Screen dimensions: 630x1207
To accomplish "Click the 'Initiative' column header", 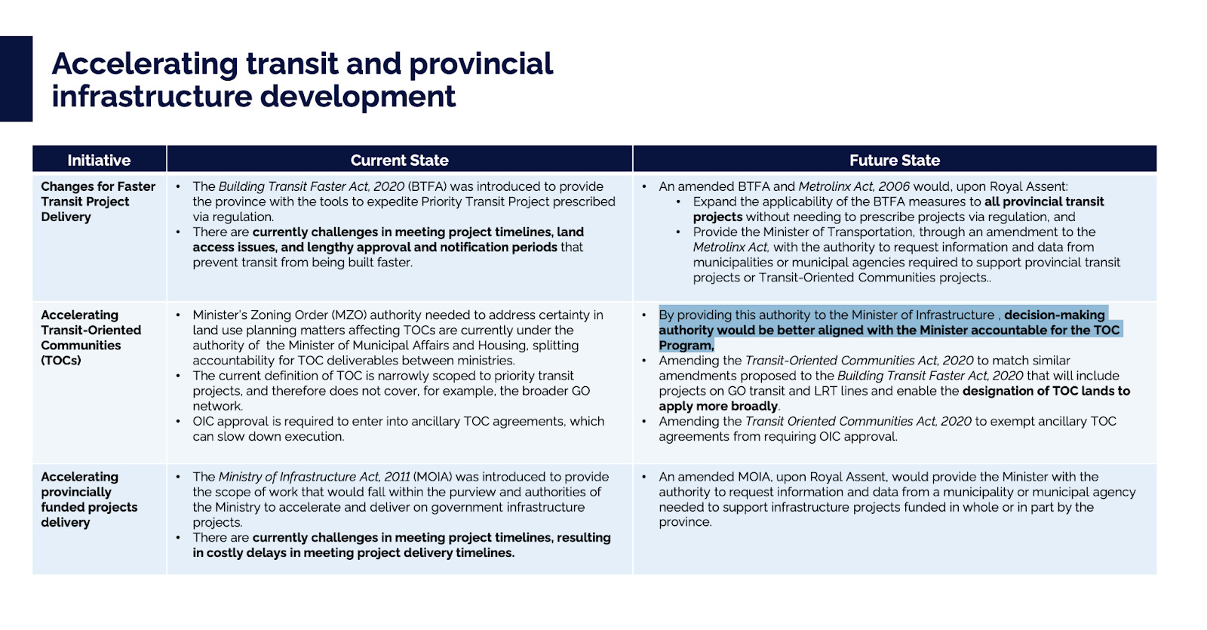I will coord(99,160).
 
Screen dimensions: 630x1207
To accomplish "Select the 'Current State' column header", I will coord(399,160).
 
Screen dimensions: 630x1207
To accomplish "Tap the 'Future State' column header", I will coord(894,160).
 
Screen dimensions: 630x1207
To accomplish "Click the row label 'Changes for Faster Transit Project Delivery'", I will coord(97,201).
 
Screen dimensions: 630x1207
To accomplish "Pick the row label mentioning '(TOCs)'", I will coord(91,337).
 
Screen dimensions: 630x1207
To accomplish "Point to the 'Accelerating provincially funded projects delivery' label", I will coord(88,499).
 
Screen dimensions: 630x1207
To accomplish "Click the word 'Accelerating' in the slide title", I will coord(144,64).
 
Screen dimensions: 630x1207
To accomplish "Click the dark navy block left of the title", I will coord(16,78).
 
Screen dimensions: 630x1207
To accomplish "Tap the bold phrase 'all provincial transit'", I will coord(1044,201).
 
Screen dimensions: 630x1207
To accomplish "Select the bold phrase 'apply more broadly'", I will coord(718,406).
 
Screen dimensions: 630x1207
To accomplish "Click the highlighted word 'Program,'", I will coord(686,346).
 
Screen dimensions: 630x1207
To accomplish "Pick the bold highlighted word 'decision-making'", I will coord(1054,315).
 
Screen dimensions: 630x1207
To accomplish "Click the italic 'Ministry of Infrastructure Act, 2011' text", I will coord(314,477).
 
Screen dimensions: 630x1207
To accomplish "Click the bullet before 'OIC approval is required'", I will coord(178,422).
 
